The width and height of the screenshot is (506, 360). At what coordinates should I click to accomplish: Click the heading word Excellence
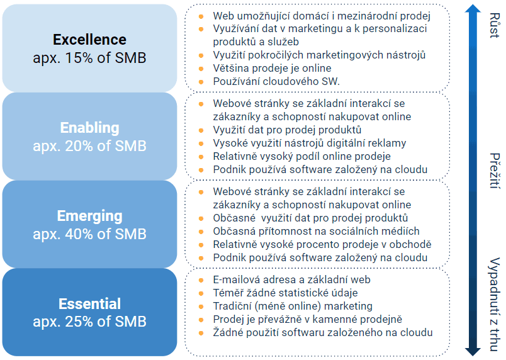click(90, 40)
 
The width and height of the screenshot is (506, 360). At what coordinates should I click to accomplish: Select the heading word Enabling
click(90, 128)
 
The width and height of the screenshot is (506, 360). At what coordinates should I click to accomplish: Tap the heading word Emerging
click(90, 216)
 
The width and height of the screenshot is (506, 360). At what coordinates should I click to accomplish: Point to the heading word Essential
click(90, 304)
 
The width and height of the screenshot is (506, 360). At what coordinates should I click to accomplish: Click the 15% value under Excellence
click(79, 58)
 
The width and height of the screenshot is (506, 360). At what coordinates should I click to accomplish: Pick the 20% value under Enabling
click(79, 146)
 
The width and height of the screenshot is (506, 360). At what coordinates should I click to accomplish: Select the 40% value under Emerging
click(79, 234)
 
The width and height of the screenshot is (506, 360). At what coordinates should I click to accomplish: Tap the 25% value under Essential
click(79, 322)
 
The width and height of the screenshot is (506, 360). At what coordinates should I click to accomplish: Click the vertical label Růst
click(495, 25)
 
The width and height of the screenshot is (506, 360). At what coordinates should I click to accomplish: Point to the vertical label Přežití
click(495, 171)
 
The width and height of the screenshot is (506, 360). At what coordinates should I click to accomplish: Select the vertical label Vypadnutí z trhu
click(495, 304)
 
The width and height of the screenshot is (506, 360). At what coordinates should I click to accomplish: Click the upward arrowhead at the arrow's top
click(473, 9)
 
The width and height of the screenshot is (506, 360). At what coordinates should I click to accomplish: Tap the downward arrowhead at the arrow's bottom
click(473, 352)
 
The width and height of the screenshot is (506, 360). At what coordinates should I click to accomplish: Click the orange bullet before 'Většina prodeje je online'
click(201, 69)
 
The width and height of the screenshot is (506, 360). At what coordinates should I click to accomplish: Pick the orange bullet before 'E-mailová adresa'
click(201, 280)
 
